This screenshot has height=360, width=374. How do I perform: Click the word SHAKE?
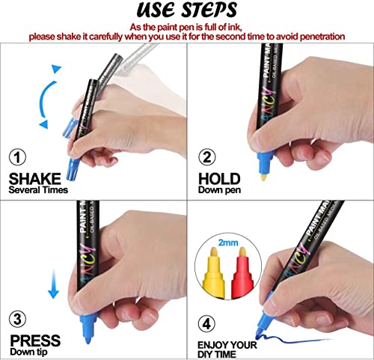click(36, 179)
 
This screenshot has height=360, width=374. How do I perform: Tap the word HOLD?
click(219, 178)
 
